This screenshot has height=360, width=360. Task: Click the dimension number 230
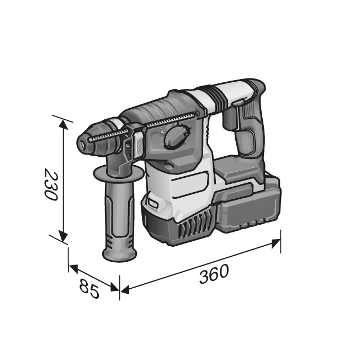51,184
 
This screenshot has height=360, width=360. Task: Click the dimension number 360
214,274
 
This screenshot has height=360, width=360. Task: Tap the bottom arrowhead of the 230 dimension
63,236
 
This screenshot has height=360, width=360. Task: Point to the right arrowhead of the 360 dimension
276,243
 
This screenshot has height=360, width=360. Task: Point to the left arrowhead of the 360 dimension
125,290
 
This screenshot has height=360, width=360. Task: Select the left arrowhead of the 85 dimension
73,268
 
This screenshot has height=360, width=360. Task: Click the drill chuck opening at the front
82,144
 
